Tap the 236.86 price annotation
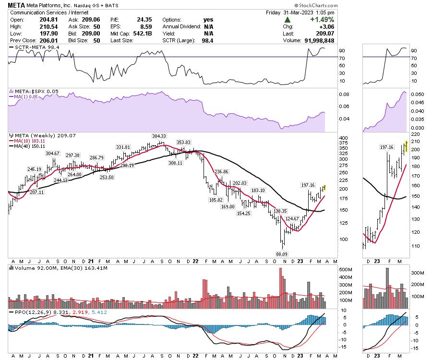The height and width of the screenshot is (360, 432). click(221, 171)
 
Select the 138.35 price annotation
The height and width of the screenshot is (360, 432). click(280, 211)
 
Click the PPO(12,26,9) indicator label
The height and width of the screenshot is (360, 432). click(28, 312)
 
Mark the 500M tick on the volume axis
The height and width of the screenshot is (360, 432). click(344, 270)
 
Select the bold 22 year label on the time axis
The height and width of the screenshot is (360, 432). click(196, 262)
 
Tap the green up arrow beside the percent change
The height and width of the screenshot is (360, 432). click(288, 20)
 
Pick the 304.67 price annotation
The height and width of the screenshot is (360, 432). click(53, 153)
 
